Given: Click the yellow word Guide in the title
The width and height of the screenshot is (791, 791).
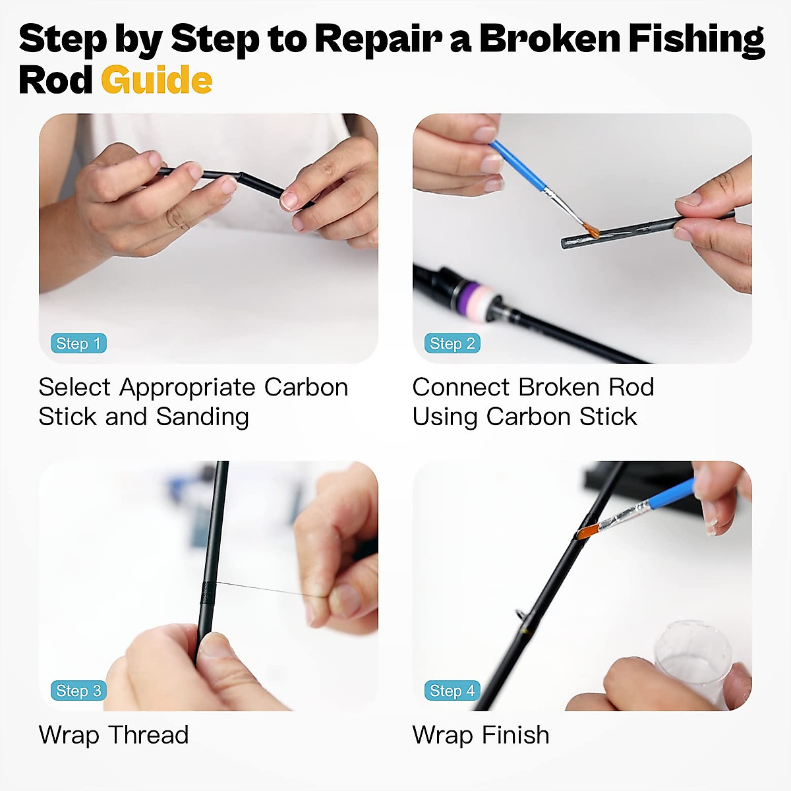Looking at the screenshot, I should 156,80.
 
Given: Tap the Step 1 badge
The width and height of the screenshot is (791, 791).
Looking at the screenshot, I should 78,343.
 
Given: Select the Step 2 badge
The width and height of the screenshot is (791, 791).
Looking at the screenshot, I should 452,343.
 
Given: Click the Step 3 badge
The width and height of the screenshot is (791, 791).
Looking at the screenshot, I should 78,691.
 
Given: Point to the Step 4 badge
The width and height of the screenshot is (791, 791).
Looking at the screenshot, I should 452,691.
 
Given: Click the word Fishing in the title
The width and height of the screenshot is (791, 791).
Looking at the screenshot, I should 696,40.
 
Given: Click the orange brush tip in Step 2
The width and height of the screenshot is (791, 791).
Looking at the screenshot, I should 591,230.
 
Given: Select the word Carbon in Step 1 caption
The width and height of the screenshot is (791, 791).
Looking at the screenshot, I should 306,387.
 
